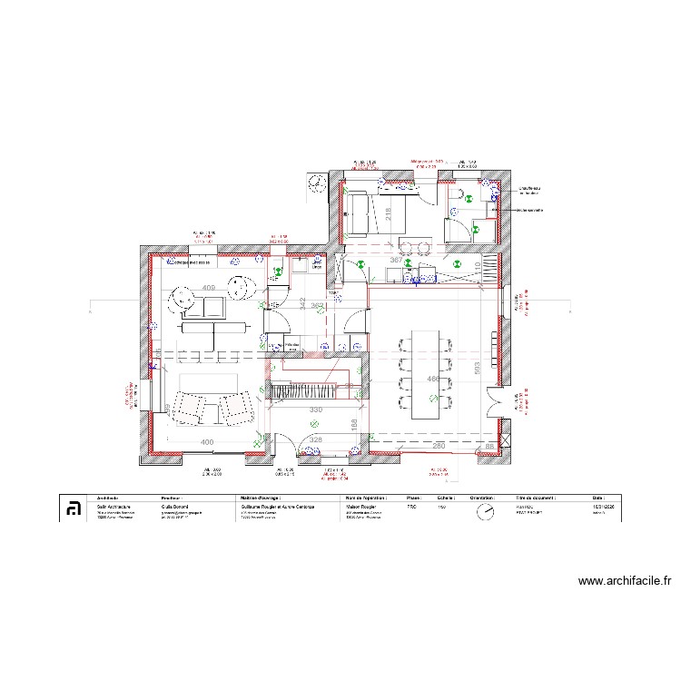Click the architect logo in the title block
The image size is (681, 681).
coord(74,509)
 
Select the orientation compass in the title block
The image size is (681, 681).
coord(486,512)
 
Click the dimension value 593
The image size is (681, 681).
coord(475,367)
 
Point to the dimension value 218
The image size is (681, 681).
coord(388,214)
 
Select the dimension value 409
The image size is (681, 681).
coord(208,289)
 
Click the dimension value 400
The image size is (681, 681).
coord(206,442)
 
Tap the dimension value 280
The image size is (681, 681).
coord(438,446)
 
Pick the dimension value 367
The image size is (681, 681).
coord(396,261)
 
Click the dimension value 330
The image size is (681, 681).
coord(315,410)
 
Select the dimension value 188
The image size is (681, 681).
coord(355,424)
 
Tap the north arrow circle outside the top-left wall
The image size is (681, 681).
coord(315,183)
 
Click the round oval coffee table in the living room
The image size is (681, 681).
coord(240,287)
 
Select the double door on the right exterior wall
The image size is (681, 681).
coord(495,400)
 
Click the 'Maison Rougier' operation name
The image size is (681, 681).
coord(364,507)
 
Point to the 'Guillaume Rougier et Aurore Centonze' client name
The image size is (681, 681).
coord(277,507)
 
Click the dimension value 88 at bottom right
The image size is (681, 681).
coord(489,446)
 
